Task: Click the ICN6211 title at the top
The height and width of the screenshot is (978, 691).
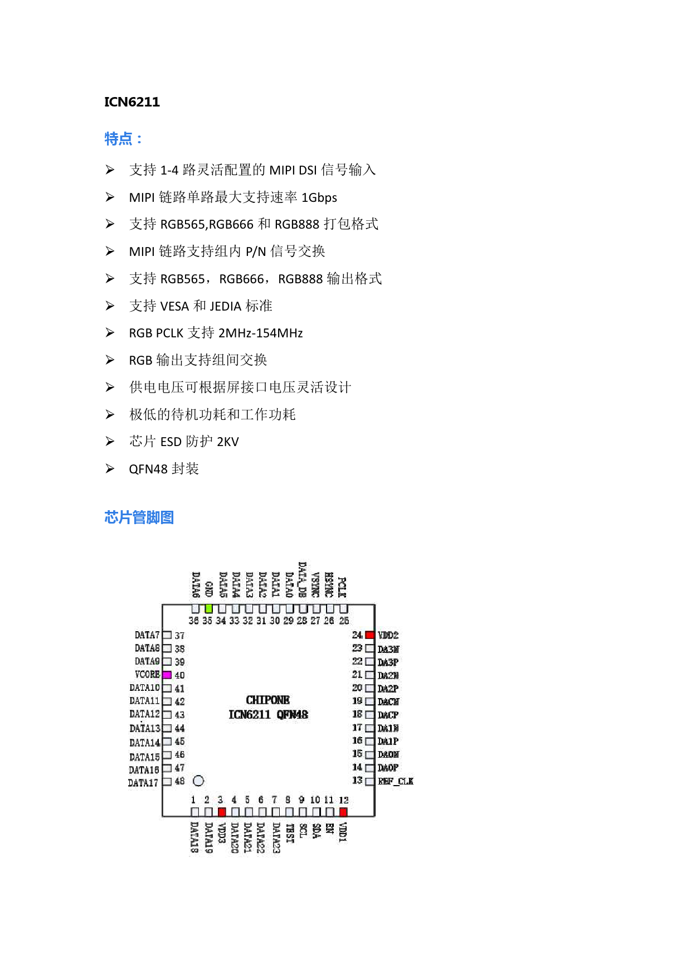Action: [132, 102]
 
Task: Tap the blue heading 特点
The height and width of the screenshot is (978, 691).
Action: [123, 138]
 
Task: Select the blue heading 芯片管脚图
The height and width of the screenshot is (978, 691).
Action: [139, 517]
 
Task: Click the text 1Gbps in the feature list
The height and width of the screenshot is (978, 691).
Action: [319, 197]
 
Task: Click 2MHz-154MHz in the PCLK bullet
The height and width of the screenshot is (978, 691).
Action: [260, 333]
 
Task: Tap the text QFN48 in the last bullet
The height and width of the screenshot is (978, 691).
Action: [148, 469]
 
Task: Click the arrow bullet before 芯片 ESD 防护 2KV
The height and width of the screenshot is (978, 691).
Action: [110, 442]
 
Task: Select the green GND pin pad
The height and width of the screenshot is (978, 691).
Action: [208, 608]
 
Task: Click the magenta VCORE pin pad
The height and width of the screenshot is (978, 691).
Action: [167, 675]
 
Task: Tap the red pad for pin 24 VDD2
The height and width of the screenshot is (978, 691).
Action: [369, 635]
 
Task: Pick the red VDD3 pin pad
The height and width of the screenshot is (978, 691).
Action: [222, 812]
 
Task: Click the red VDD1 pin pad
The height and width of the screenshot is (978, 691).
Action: [343, 812]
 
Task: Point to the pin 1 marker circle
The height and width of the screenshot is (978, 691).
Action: [198, 781]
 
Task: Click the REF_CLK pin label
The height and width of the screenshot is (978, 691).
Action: [396, 781]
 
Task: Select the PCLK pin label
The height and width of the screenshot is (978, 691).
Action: [342, 587]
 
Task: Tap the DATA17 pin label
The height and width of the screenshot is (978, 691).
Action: [143, 783]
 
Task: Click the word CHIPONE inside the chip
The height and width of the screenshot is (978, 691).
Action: [267, 700]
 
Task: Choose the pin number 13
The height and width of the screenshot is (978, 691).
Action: [357, 780]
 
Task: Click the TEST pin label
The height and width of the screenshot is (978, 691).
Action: [290, 833]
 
